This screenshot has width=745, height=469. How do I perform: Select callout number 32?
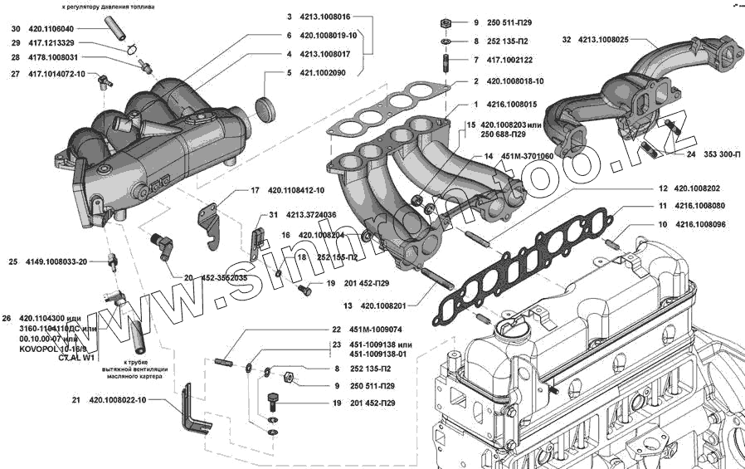tap(567, 39)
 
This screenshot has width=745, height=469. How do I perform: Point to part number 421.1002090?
tap(323, 73)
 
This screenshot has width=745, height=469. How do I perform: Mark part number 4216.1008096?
tap(701, 224)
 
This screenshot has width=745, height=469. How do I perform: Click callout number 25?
tap(13, 261)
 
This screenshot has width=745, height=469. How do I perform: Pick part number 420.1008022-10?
tap(118, 400)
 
